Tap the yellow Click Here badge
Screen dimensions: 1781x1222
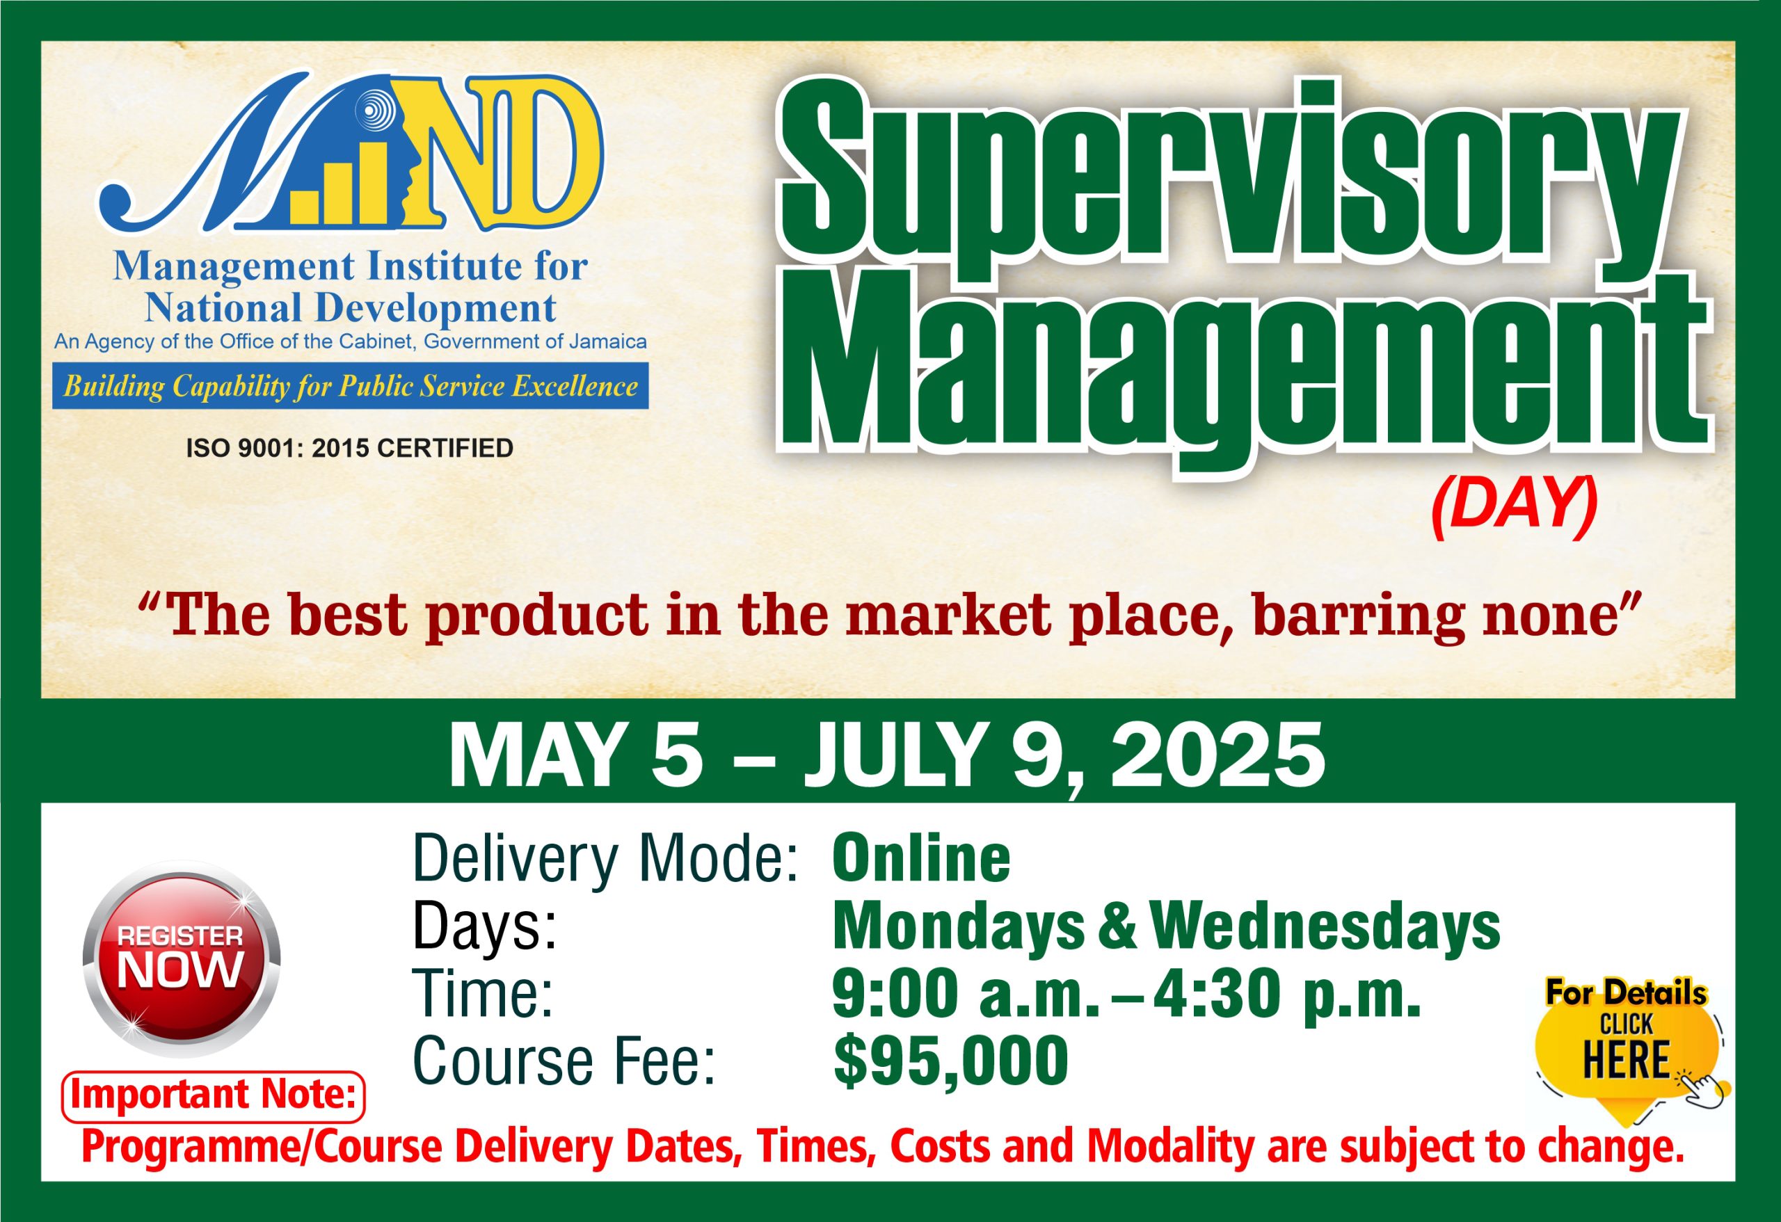pyautogui.click(x=1628, y=1057)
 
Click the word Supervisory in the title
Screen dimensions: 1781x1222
pyautogui.click(x=1233, y=168)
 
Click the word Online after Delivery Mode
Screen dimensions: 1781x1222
pyautogui.click(x=921, y=860)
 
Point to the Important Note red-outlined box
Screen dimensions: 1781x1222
pyautogui.click(x=213, y=1097)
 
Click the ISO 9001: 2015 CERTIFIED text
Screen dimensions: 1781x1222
pyautogui.click(x=349, y=448)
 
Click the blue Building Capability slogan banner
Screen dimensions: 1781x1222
pyautogui.click(x=350, y=386)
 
